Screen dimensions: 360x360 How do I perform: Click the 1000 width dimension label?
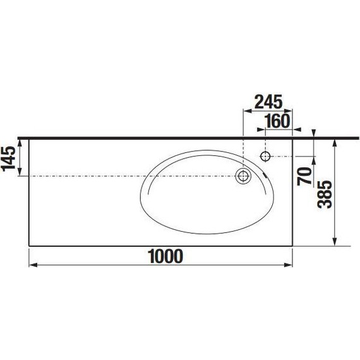[x=165, y=256]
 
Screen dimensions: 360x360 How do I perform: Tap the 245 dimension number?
[x=268, y=102]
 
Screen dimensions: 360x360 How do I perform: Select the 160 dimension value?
[x=277, y=121]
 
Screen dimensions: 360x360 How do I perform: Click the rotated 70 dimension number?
[x=304, y=176]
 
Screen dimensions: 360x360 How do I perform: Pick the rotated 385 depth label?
[x=325, y=195]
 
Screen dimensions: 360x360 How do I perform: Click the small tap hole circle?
[x=265, y=157]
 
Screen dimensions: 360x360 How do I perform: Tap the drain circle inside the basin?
[x=243, y=176]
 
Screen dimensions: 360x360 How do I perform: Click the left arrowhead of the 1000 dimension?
[x=33, y=265]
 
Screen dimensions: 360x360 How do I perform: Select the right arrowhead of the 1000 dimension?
[x=288, y=265]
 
